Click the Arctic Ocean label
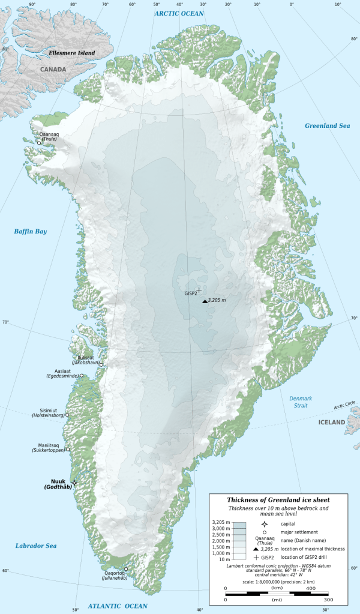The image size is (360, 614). (x=179, y=13)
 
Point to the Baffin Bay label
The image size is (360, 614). (x=31, y=231)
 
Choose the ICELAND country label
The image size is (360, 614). (x=331, y=423)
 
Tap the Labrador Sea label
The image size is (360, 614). (x=36, y=546)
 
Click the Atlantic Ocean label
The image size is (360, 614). (x=118, y=606)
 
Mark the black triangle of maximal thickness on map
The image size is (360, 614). (x=205, y=301)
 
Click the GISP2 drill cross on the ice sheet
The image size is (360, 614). (x=199, y=290)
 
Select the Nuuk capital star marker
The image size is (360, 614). (x=75, y=482)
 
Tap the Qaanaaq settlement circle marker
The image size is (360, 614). (x=39, y=143)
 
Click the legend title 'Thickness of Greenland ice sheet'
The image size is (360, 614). (x=278, y=499)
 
